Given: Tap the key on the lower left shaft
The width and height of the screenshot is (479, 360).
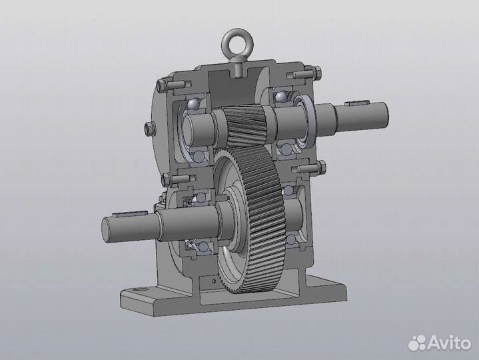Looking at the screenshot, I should pyautogui.click(x=125, y=215).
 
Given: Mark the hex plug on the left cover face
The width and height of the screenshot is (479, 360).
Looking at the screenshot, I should pyautogui.click(x=149, y=128).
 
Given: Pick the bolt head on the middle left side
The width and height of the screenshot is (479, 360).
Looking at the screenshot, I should pyautogui.click(x=165, y=179).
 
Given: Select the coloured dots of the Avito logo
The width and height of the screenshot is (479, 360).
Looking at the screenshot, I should pyautogui.click(x=418, y=343).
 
